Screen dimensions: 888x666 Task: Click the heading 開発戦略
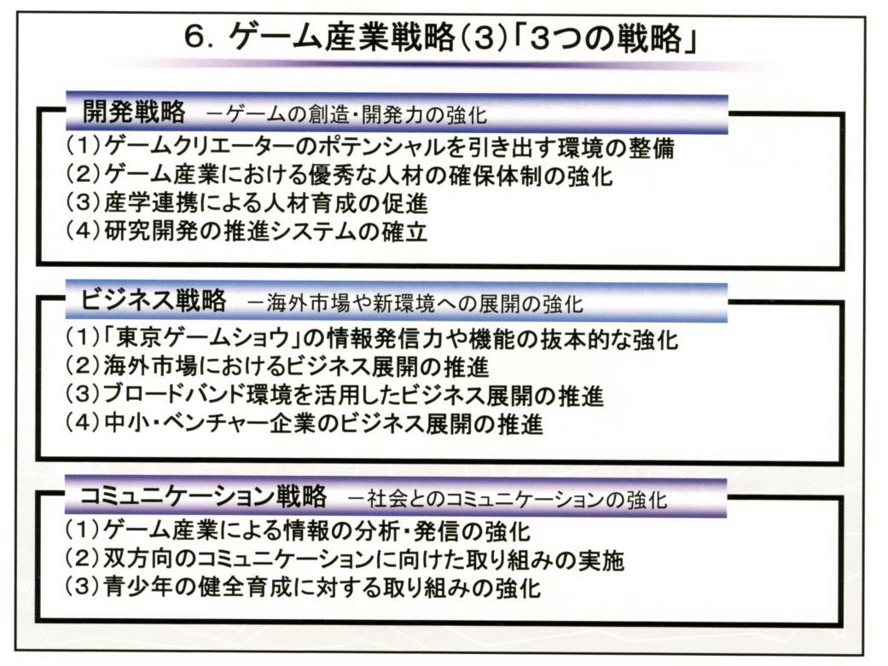134,112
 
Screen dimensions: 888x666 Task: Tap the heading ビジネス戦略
154,299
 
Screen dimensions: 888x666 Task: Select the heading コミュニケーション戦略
203,495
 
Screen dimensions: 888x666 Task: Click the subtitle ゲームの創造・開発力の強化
346,114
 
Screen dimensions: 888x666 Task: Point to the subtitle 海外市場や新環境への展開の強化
415,304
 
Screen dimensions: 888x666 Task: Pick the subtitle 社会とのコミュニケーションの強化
508,499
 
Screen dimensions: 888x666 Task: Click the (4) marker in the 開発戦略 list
84,231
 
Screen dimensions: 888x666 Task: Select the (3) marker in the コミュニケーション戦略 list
84,588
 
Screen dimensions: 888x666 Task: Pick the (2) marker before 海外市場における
84,367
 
